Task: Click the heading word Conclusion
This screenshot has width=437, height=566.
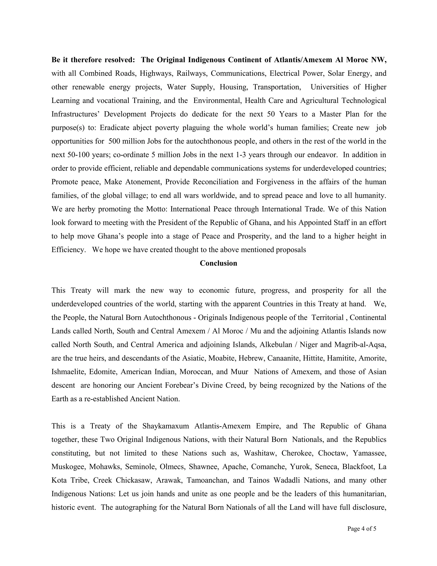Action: pyautogui.click(x=218, y=263)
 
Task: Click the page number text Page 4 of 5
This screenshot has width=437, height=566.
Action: pyautogui.click(x=362, y=528)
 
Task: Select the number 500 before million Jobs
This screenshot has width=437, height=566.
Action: pyautogui.click(x=114, y=141)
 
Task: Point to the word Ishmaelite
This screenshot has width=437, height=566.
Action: pyautogui.click(x=68, y=372)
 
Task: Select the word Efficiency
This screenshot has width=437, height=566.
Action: pyautogui.click(x=68, y=250)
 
